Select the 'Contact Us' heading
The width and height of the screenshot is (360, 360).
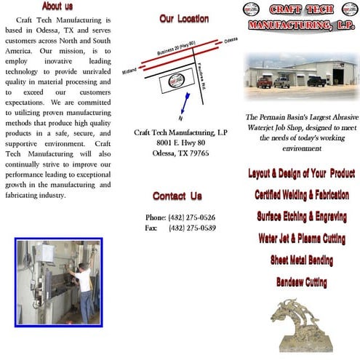click(x=177, y=196)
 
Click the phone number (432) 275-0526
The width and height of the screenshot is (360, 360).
click(x=191, y=217)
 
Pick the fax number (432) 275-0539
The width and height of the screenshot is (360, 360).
click(x=191, y=228)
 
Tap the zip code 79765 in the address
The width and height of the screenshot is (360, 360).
click(x=195, y=153)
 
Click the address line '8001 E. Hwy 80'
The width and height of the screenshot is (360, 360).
click(x=181, y=143)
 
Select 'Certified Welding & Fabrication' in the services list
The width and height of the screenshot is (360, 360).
click(x=300, y=195)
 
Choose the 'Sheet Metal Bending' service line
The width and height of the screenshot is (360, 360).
click(x=301, y=260)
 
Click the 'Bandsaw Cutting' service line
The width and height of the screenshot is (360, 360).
click(x=300, y=282)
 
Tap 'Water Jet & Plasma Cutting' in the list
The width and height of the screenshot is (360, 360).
click(x=301, y=239)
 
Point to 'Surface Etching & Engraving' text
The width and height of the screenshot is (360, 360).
click(x=300, y=217)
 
